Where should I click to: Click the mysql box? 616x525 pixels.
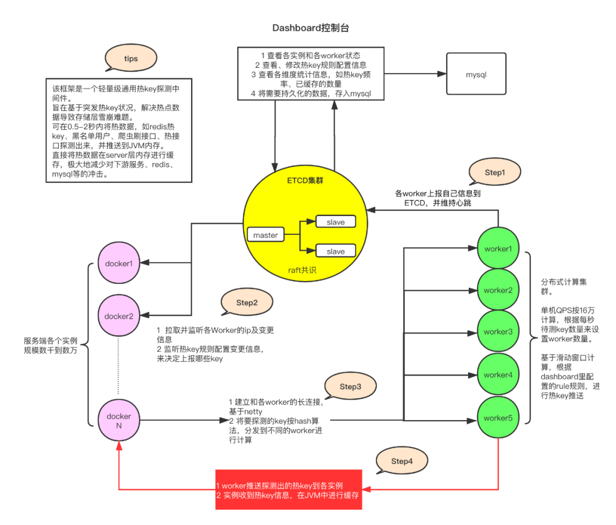(x=476, y=75)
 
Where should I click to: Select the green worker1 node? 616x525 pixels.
(x=498, y=249)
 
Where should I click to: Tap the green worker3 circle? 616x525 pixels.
(x=498, y=332)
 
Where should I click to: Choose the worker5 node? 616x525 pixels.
(x=498, y=418)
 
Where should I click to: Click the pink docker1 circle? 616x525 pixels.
(x=119, y=263)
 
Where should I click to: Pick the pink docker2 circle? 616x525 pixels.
(x=119, y=316)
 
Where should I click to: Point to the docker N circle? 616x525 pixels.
(x=119, y=421)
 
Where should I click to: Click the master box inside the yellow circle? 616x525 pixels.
(x=265, y=235)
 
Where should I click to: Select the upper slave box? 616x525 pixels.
(x=335, y=222)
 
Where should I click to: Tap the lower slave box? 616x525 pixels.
(x=335, y=251)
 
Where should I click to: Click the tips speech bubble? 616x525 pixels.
(x=131, y=59)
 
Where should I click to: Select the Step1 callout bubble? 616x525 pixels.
(x=495, y=172)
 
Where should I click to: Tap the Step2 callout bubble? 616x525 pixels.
(x=247, y=303)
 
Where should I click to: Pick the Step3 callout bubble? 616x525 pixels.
(x=350, y=386)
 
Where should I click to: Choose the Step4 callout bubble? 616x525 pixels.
(x=402, y=461)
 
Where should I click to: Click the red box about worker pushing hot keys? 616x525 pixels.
(x=289, y=490)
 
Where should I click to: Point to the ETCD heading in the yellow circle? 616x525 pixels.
(x=304, y=181)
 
